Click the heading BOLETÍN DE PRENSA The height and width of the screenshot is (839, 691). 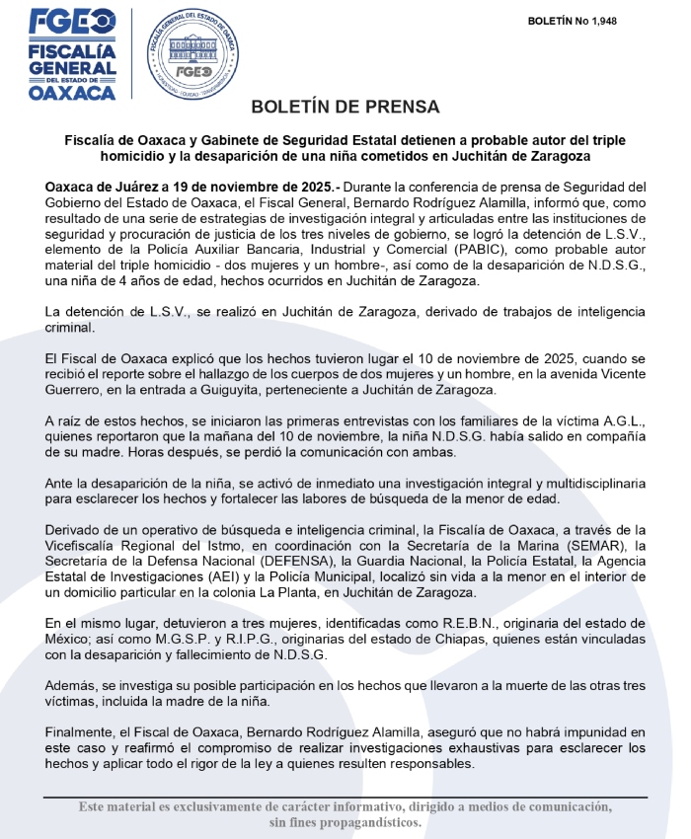pyautogui.click(x=345, y=107)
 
